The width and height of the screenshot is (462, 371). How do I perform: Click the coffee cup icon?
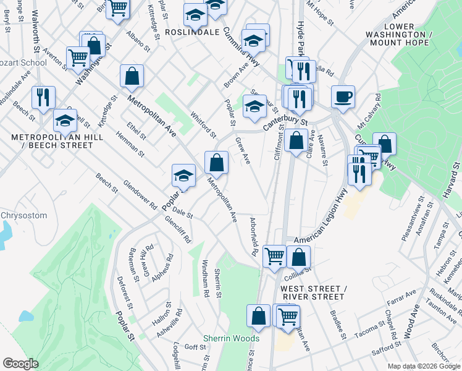(343, 97)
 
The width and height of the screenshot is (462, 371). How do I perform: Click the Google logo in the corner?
(20, 363)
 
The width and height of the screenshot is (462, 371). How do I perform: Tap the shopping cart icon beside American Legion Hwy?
(274, 255)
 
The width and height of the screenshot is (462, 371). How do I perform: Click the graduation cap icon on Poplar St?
(183, 176)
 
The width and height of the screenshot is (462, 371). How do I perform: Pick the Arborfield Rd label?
(253, 236)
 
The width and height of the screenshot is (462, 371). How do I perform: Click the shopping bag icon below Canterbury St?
(296, 140)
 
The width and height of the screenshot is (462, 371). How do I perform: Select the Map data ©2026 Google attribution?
(424, 366)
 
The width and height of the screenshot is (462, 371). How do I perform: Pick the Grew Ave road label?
(243, 150)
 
